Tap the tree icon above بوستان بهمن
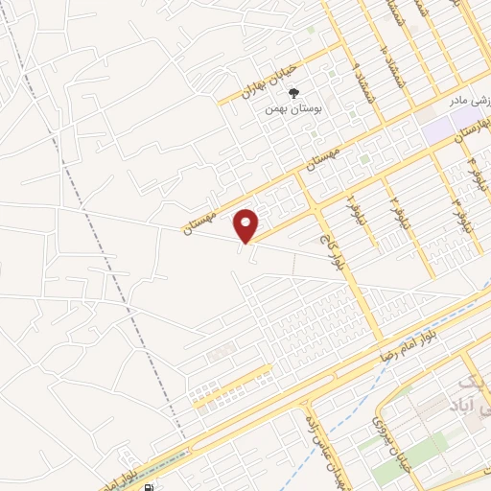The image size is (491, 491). (x=293, y=93)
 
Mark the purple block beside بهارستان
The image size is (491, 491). (x=439, y=126)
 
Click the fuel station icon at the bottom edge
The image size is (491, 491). (x=147, y=486)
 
